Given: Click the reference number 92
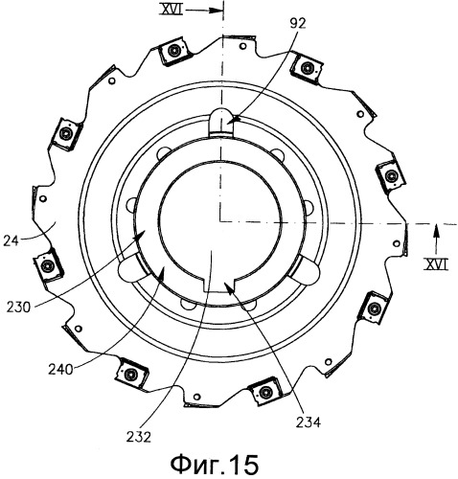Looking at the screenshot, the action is click(297, 23).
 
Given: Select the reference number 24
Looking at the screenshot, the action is click(11, 240).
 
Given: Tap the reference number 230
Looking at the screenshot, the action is click(19, 308).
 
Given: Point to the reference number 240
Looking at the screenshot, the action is click(60, 370).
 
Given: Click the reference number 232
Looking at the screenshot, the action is click(139, 437).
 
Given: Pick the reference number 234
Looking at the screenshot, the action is click(308, 422).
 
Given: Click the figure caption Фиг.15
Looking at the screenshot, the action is click(215, 465).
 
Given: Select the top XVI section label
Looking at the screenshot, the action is click(172, 11).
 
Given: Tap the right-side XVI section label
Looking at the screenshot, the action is click(436, 264).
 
